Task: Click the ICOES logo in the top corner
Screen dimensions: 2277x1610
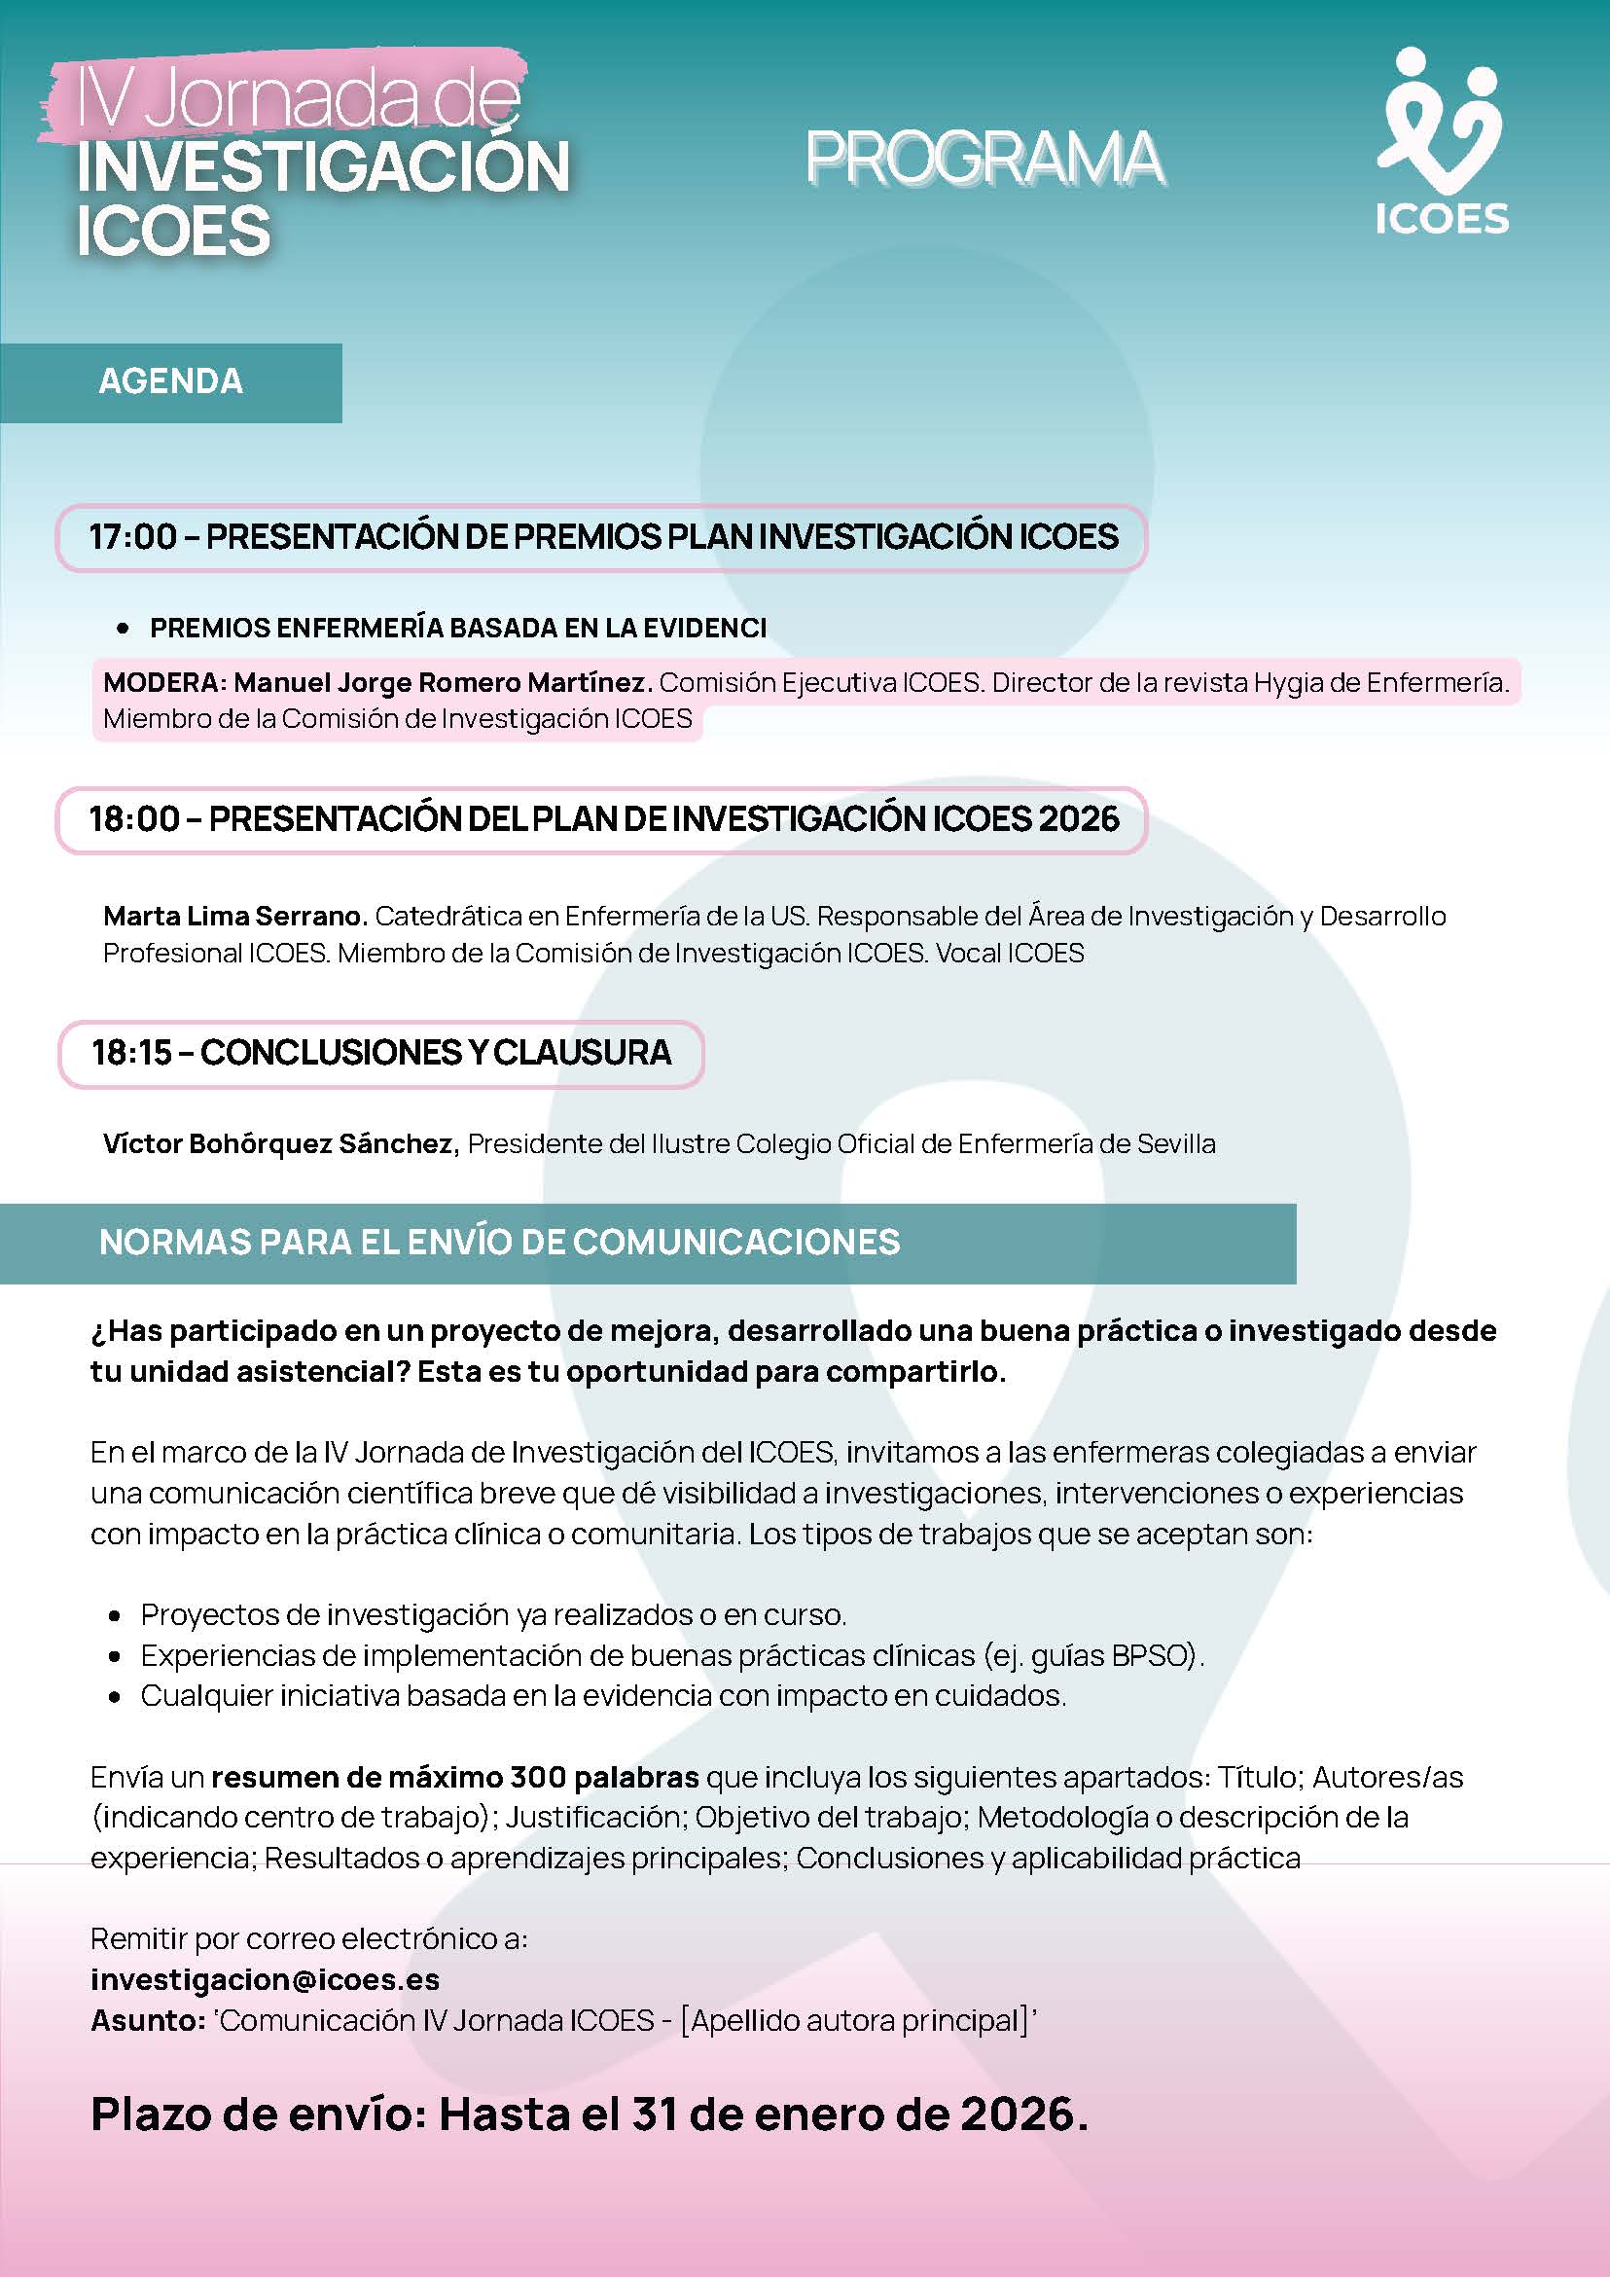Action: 1441,144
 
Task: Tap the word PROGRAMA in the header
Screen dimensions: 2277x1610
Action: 984,159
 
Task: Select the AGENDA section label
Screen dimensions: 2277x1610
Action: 170,381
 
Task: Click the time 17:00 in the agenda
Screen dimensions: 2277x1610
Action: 133,537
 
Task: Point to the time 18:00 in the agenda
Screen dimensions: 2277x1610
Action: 134,819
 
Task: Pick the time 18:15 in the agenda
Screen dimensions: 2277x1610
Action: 132,1052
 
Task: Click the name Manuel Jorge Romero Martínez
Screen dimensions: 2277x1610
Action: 444,682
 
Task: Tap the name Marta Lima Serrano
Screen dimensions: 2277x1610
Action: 235,916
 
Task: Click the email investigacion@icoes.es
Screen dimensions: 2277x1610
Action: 265,1979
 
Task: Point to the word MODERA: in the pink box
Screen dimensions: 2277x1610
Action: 164,682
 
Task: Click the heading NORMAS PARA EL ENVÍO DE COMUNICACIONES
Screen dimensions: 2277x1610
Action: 500,1242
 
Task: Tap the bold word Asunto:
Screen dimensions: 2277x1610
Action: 148,2020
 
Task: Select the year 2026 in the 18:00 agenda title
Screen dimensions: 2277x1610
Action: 1079,819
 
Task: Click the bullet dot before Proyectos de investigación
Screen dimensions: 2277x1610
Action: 116,1615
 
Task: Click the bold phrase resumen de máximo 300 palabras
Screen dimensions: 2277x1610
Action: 455,1776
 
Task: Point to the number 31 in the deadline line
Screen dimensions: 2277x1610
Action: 655,2114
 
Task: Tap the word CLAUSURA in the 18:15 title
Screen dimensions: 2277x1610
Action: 582,1052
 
